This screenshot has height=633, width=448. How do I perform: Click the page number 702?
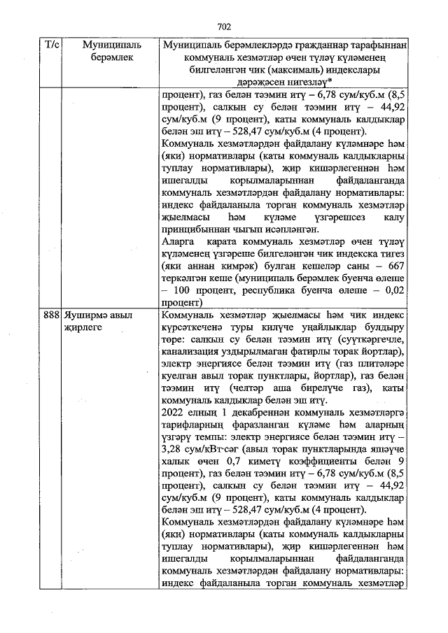(224, 27)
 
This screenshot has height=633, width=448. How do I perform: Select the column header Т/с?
(52, 45)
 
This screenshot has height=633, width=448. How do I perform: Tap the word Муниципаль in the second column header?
(111, 45)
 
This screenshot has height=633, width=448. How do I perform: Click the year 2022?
(172, 412)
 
